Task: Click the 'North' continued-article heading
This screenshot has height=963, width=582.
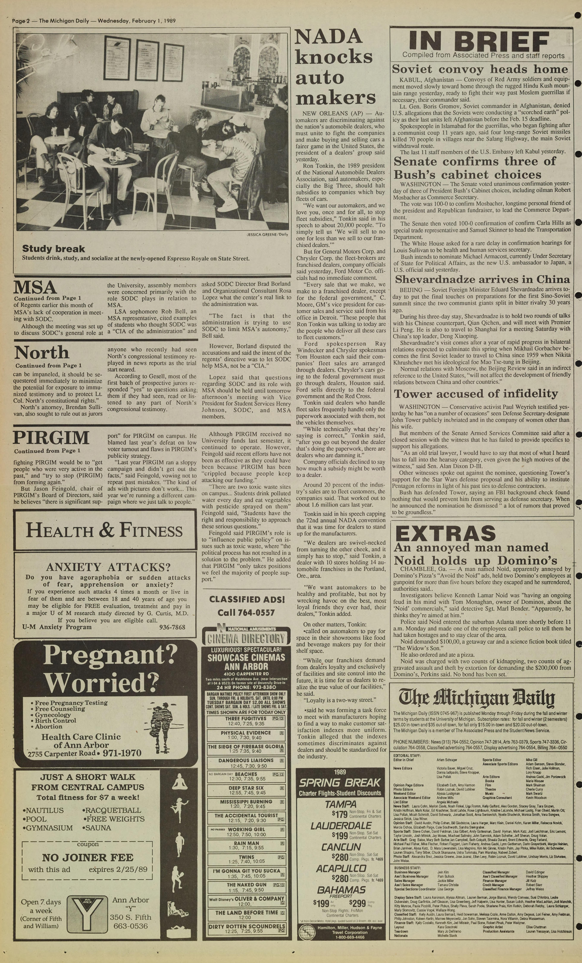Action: (42, 353)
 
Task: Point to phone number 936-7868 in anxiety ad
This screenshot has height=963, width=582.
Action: (172, 627)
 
